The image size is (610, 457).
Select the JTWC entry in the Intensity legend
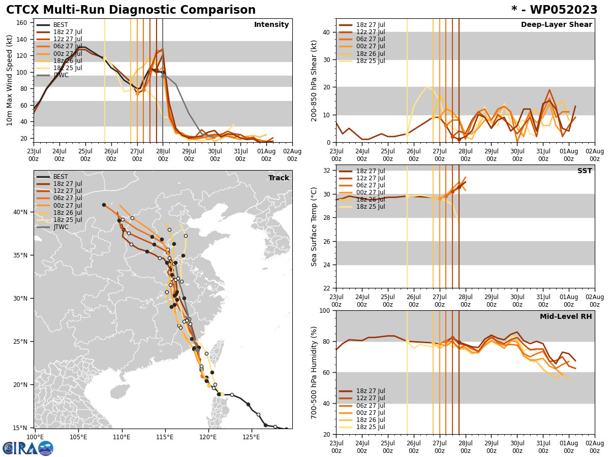pos(61,75)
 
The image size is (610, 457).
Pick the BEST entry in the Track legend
pos(60,177)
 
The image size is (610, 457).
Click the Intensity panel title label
pos(271,25)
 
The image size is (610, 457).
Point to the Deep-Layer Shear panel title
pos(556,25)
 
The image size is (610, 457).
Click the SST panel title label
pos(585,171)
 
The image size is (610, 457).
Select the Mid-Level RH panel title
pos(566,317)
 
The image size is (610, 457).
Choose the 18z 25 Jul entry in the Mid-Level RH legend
pos(371,427)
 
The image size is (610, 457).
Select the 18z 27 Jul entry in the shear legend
pos(371,25)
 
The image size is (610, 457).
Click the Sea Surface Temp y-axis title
pos(315,226)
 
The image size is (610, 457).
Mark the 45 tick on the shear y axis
pos(326,19)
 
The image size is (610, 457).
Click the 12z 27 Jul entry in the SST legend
pos(371,178)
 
